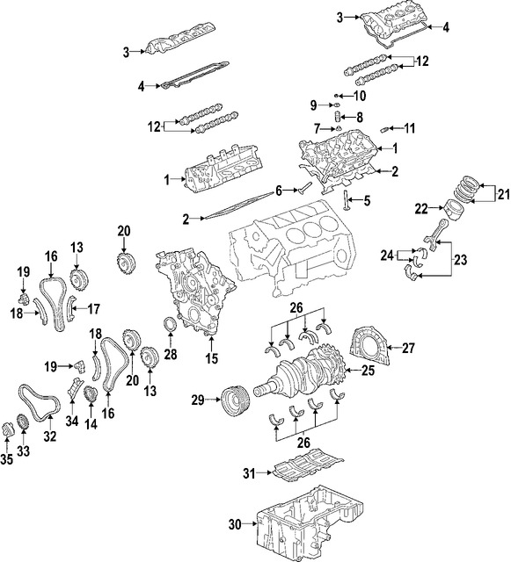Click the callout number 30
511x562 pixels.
233,525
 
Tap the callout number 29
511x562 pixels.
198,400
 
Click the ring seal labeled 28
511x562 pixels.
172,330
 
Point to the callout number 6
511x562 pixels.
279,190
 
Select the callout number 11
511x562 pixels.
409,128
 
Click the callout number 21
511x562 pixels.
503,194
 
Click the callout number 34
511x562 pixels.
71,421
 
